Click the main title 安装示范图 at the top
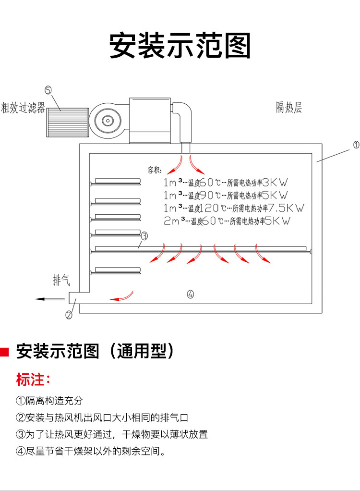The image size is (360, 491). [180, 46]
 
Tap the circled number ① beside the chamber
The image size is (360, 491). [356, 145]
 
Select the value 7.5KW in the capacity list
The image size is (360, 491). [288, 208]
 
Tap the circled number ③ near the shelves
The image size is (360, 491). [144, 236]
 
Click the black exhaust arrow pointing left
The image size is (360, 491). [49, 299]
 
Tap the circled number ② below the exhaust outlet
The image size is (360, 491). [69, 315]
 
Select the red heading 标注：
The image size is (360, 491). [33, 380]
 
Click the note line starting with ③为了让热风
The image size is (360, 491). [112, 434]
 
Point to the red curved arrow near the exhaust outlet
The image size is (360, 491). [122, 295]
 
